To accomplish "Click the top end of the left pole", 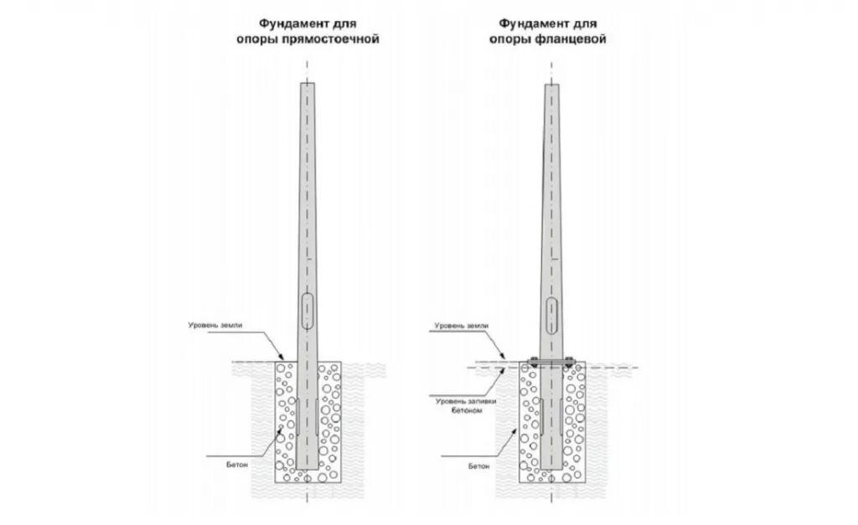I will pos(308,84).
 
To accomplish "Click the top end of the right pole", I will pos(552,85).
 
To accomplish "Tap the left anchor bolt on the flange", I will pos(534,363).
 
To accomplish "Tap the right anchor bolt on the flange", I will pos(570,363).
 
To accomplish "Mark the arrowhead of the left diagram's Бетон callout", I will pos(282,428).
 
